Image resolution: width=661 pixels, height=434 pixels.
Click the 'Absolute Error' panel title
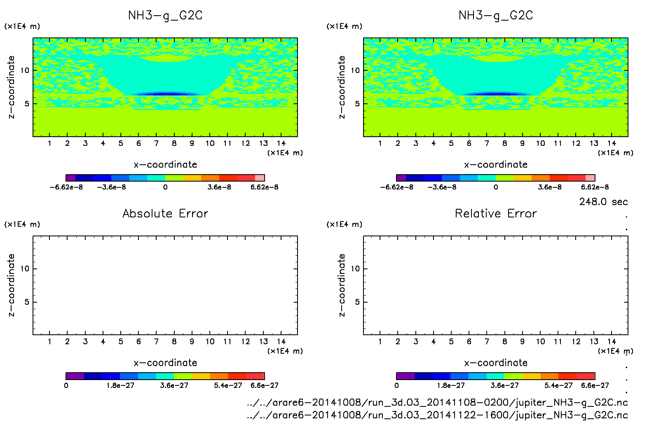[165, 213]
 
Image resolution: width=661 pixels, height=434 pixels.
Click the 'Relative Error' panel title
[496, 213]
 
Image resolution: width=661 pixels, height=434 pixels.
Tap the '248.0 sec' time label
[603, 202]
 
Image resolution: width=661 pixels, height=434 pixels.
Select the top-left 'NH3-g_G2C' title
[165, 16]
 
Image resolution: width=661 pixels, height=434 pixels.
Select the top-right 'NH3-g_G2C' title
[496, 16]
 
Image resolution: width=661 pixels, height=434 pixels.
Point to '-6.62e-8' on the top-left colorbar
[66, 187]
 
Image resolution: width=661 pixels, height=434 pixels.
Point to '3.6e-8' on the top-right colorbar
[550, 187]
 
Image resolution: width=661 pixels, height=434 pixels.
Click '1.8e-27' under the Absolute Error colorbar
[120, 385]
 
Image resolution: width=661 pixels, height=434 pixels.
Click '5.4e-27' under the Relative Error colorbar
[558, 385]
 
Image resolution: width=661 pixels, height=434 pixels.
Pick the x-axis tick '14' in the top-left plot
[281, 143]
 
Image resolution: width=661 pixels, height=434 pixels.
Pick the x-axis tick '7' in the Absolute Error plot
[156, 341]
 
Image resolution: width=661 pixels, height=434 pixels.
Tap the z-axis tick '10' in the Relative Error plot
[355, 269]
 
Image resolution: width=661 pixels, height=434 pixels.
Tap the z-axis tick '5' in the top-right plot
[357, 104]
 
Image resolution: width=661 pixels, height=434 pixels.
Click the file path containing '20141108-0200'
[437, 402]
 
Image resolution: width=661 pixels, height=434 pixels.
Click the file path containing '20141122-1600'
[437, 415]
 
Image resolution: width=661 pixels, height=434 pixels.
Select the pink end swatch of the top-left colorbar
[260, 178]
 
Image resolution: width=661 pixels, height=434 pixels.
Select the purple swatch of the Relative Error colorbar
[405, 376]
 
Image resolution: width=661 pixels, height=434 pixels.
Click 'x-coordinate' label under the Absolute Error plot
[165, 363]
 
